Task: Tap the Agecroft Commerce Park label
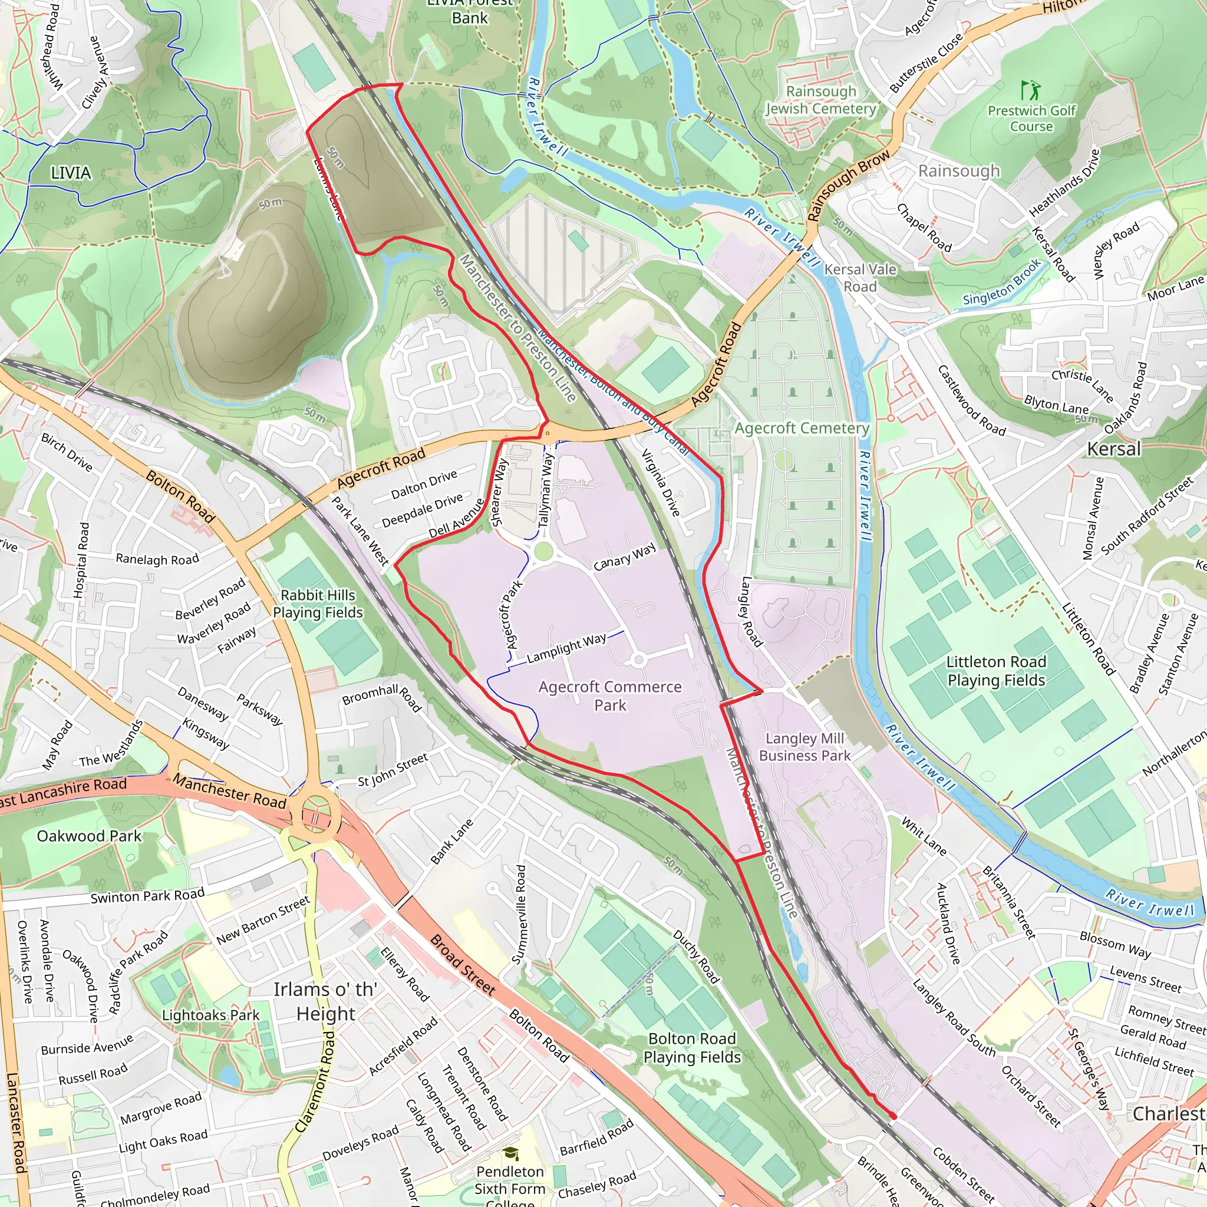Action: tap(610, 696)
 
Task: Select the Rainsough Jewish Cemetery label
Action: tap(821, 100)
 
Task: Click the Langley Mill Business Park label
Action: tap(804, 747)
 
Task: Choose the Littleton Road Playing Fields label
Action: tap(996, 671)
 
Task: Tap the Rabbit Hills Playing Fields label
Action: tap(318, 603)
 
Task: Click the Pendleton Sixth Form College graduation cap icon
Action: tap(510, 1153)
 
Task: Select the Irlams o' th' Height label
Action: tap(325, 1001)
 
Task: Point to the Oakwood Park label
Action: tap(90, 836)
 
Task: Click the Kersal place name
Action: tap(1114, 448)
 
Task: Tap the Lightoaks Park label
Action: tap(210, 1015)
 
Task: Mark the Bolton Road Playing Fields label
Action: tap(692, 1048)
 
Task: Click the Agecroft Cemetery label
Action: tap(802, 428)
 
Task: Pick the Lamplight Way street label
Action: tap(566, 648)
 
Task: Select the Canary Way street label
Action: tap(625, 556)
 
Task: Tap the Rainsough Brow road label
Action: tap(849, 186)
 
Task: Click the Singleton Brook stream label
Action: tap(1002, 282)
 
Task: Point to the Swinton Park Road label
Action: tap(147, 895)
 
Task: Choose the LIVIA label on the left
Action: tap(71, 173)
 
